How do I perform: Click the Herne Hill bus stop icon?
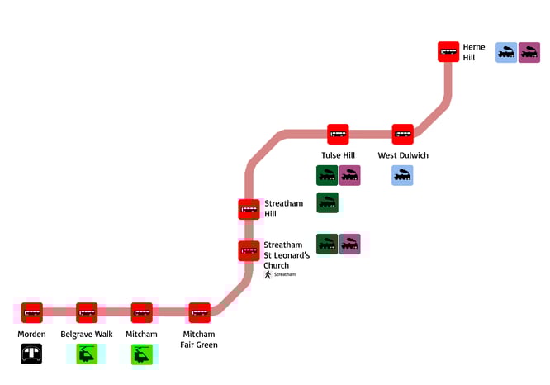click(448, 52)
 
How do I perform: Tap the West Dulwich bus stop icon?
click(403, 134)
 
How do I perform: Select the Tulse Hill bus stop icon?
click(338, 134)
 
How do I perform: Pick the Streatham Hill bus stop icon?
click(249, 210)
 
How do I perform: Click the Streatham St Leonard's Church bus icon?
click(249, 250)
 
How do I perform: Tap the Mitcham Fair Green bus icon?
click(199, 312)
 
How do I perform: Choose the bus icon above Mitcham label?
click(142, 312)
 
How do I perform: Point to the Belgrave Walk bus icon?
click(87, 312)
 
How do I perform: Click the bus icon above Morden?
click(32, 312)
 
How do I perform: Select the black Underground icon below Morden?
click(32, 354)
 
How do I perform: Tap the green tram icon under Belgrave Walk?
click(87, 354)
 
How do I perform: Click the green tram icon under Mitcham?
click(142, 354)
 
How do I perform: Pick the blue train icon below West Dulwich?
click(403, 175)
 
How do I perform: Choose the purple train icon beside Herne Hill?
click(529, 53)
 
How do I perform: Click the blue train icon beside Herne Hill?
click(506, 53)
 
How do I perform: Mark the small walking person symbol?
click(268, 274)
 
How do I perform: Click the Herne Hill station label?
click(474, 52)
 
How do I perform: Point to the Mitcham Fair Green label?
click(199, 339)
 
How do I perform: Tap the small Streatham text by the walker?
click(284, 274)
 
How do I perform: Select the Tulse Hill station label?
click(338, 155)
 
